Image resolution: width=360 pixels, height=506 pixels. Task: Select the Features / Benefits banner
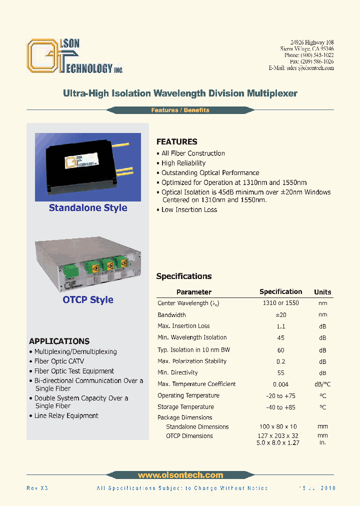click(x=180, y=110)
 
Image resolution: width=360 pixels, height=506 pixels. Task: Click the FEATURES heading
click(x=176, y=141)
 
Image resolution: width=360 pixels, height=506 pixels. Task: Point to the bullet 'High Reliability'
click(x=183, y=163)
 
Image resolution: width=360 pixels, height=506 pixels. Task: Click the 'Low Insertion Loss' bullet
click(x=189, y=209)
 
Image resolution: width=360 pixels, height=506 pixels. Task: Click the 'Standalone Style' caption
click(x=88, y=208)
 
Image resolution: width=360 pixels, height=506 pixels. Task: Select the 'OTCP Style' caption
click(x=88, y=299)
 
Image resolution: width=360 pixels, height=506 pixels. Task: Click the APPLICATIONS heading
click(x=59, y=341)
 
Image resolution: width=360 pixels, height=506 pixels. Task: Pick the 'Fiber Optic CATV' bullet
click(x=59, y=361)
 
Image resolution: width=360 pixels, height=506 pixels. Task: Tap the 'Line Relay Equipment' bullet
click(x=66, y=415)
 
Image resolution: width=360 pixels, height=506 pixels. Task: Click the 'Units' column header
click(x=322, y=292)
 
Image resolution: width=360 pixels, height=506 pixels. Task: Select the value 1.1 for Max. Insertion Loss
click(x=280, y=326)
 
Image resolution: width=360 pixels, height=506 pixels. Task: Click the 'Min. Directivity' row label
click(x=177, y=372)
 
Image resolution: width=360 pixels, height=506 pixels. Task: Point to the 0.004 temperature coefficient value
click(x=280, y=384)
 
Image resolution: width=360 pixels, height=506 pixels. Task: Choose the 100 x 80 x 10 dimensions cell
click(x=280, y=426)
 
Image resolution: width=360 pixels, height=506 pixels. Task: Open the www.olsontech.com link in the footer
click(x=180, y=475)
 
